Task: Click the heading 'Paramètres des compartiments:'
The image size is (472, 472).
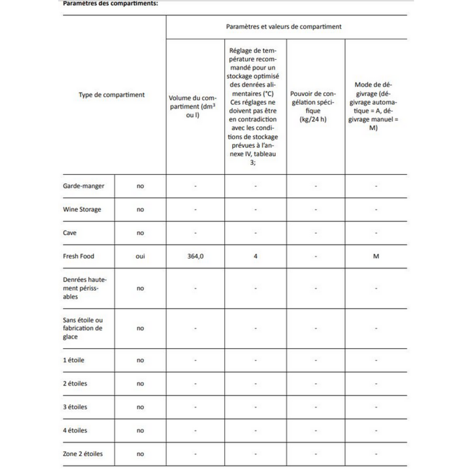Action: click(111, 4)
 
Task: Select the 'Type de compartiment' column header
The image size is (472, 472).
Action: click(112, 95)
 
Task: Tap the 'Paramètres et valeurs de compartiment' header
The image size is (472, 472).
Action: click(284, 27)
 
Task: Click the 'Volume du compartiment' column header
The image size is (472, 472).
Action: click(193, 107)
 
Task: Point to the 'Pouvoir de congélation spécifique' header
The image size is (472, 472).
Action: click(313, 107)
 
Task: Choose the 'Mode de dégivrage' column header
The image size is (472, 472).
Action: click(373, 106)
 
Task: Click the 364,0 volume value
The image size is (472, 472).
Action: click(195, 256)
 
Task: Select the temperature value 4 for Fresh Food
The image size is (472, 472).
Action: click(256, 256)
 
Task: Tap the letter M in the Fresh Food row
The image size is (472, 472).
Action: click(376, 256)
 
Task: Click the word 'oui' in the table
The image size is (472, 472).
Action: click(140, 256)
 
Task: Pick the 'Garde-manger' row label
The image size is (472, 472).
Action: click(84, 186)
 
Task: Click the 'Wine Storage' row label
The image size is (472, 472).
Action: click(82, 209)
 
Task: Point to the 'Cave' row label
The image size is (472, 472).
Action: click(70, 233)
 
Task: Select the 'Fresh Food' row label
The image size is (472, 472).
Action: click(79, 256)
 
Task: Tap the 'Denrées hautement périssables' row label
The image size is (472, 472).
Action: click(85, 288)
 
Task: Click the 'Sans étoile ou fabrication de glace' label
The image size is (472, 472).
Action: click(83, 328)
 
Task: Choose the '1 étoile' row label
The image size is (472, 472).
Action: click(74, 360)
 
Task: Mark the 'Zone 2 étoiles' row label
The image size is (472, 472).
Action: click(83, 454)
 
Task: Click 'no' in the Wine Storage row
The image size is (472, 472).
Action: click(140, 210)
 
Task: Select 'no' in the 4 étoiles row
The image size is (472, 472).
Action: click(140, 431)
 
